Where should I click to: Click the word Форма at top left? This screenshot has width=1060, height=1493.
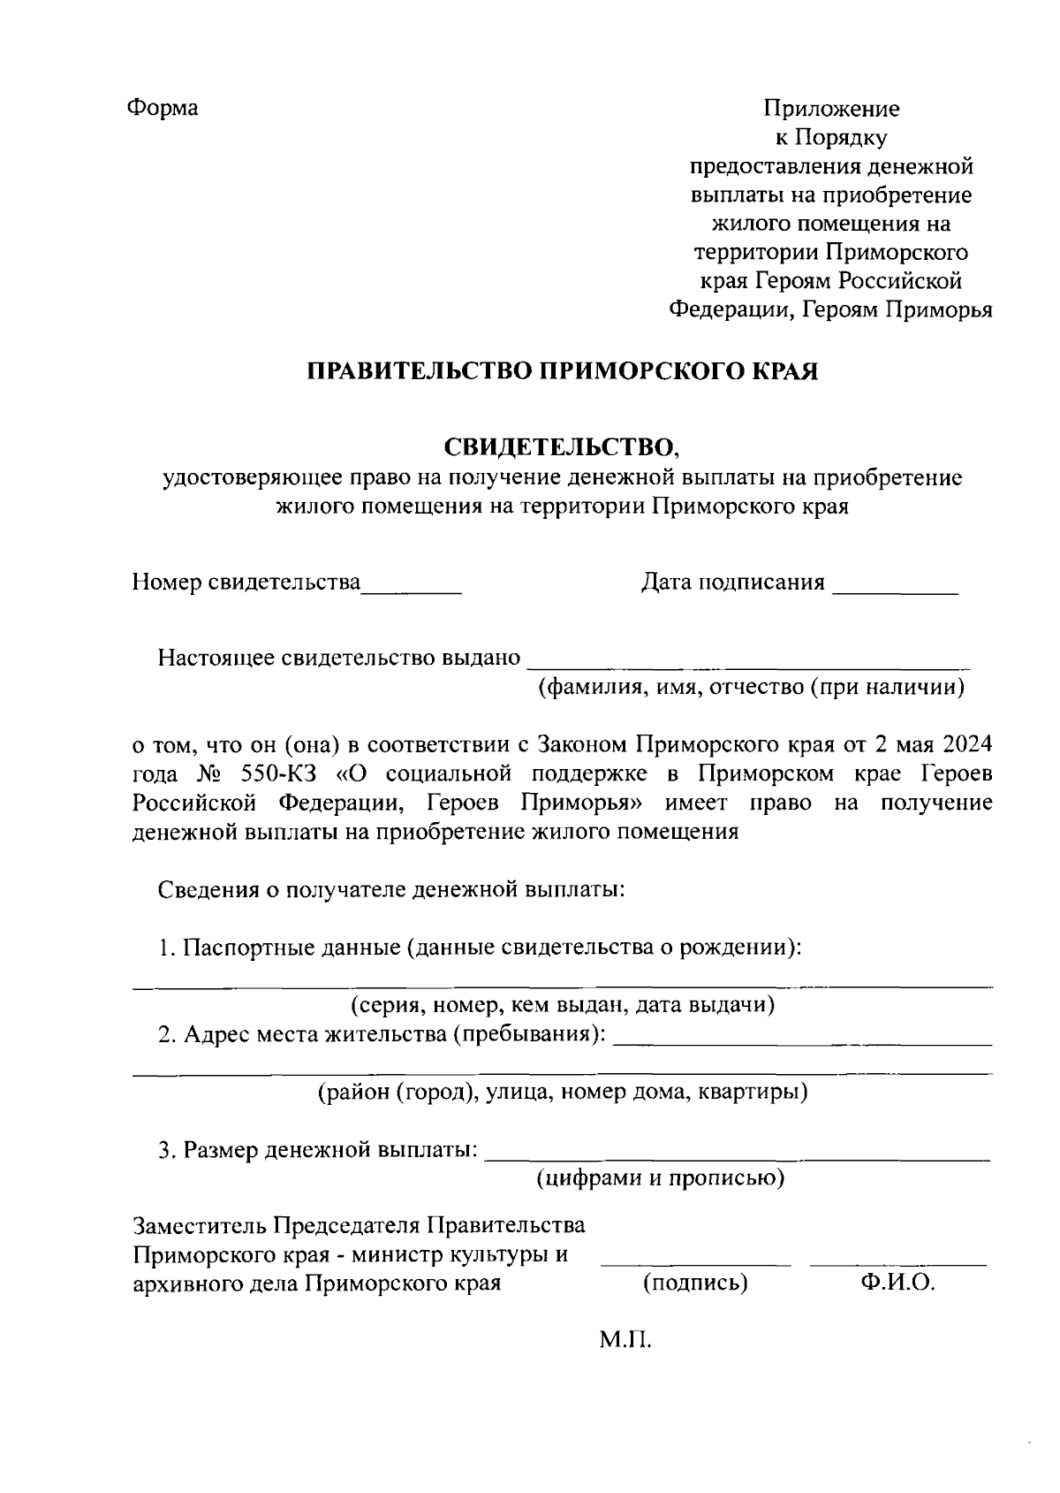click(x=163, y=108)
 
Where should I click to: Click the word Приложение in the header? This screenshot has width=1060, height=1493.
click(x=831, y=109)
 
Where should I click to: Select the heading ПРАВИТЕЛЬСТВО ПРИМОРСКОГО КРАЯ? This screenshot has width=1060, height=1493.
click(x=562, y=371)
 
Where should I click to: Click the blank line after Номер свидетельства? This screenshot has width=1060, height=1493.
click(x=413, y=589)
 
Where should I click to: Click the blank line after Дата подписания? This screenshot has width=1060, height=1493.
click(x=895, y=589)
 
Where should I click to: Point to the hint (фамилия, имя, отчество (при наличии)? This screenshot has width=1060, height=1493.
click(x=752, y=688)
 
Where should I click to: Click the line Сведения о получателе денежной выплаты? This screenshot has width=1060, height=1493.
click(x=392, y=889)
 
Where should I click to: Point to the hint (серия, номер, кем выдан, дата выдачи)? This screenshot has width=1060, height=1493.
click(x=563, y=1005)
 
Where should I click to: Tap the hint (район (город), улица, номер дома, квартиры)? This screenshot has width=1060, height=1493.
click(x=563, y=1093)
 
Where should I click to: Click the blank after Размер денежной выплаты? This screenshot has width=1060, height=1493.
click(x=738, y=1156)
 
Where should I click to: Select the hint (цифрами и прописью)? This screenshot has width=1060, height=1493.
click(x=661, y=1178)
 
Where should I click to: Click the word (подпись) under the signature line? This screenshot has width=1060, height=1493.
click(x=695, y=1284)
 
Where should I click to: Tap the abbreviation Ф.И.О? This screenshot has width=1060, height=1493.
click(x=897, y=1284)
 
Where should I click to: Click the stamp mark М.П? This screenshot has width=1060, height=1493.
click(x=625, y=1341)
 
